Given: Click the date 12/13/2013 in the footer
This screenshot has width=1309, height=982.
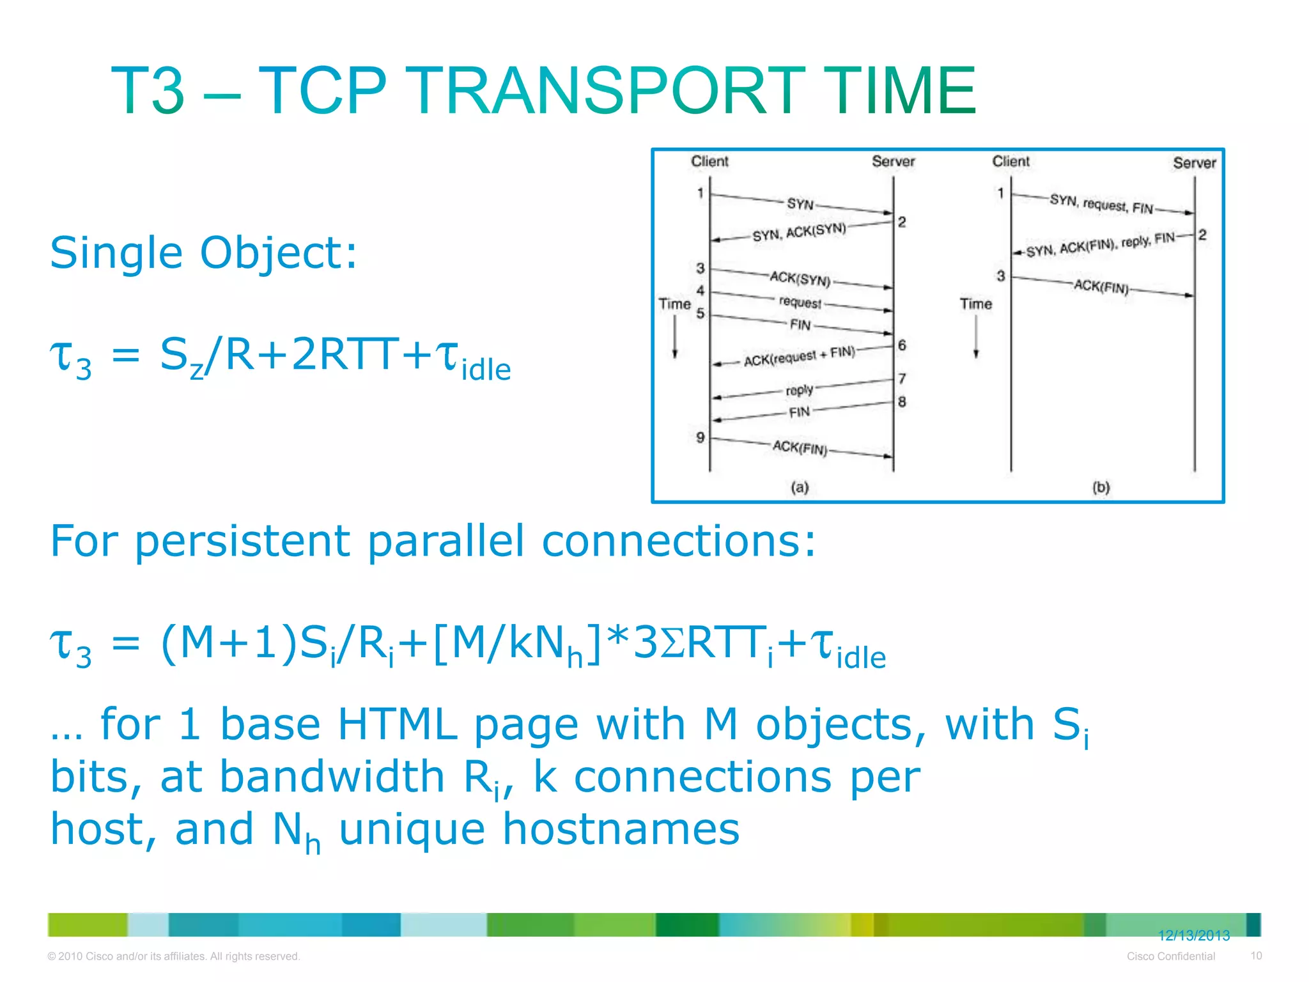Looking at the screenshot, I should [x=1193, y=935].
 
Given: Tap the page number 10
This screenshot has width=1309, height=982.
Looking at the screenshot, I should [x=1256, y=956].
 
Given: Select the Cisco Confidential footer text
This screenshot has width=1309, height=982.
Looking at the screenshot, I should [x=1170, y=956].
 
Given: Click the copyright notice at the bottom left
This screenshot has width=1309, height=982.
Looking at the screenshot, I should [x=173, y=956].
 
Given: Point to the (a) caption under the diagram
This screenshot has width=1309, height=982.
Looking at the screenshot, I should [x=800, y=487].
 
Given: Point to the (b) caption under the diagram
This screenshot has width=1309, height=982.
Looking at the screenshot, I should [x=1101, y=487].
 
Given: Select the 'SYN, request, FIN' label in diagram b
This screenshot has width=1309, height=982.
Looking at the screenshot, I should [x=1101, y=204].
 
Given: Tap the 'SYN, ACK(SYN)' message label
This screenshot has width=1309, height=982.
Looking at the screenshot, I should [x=799, y=231].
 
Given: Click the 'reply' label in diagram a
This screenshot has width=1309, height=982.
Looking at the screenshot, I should [x=799, y=390].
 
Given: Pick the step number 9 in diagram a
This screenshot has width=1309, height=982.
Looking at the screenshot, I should [x=700, y=437].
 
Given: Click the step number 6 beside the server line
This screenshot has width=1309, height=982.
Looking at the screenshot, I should [x=902, y=345].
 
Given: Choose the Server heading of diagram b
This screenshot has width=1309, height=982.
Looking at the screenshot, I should [x=1194, y=163].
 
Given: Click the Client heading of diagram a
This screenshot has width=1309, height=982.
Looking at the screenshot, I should [x=709, y=161].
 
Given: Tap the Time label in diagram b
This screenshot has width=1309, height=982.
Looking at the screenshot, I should [x=975, y=304].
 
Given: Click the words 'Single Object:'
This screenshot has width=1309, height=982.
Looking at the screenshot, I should [x=203, y=253].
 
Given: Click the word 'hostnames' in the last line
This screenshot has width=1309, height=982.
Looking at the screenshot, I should [x=621, y=829].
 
